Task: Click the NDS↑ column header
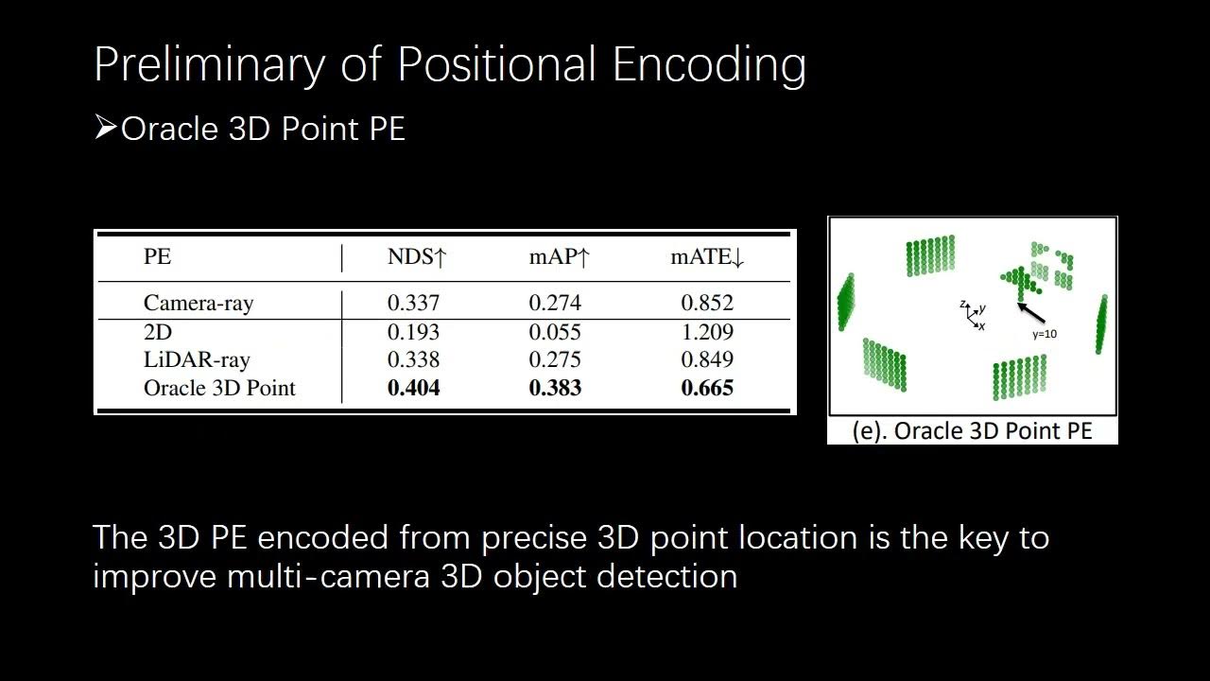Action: pyautogui.click(x=416, y=257)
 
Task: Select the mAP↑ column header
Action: pyautogui.click(x=559, y=257)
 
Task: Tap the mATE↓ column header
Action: pyautogui.click(x=707, y=257)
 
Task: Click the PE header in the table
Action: pyautogui.click(x=157, y=257)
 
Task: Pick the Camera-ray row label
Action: pyautogui.click(x=199, y=303)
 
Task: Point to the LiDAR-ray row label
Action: pyautogui.click(x=197, y=359)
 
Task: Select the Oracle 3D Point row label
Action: pyautogui.click(x=219, y=388)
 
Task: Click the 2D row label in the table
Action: pyautogui.click(x=157, y=332)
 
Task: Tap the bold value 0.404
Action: pyautogui.click(x=413, y=388)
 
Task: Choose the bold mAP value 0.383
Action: pyautogui.click(x=555, y=388)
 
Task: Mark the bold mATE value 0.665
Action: pyautogui.click(x=707, y=388)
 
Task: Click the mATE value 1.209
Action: pyautogui.click(x=707, y=332)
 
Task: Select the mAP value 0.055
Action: pyautogui.click(x=555, y=332)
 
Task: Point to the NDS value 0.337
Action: pyautogui.click(x=413, y=303)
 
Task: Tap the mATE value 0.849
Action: pyautogui.click(x=707, y=359)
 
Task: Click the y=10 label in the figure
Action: pyautogui.click(x=1045, y=335)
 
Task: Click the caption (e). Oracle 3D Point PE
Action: pyautogui.click(x=972, y=431)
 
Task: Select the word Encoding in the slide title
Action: pyautogui.click(x=709, y=64)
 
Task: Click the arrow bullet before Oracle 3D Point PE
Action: pyautogui.click(x=105, y=128)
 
